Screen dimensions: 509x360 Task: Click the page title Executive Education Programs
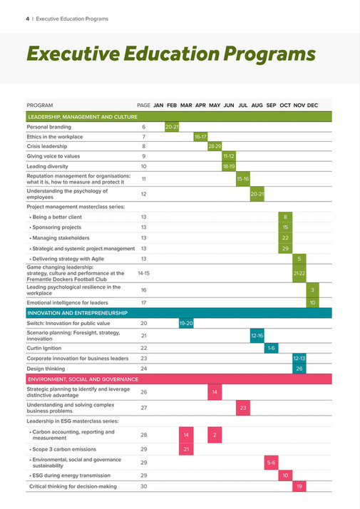click(x=170, y=53)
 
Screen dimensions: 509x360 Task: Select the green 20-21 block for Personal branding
click(x=172, y=126)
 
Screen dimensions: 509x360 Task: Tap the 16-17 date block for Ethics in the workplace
click(x=200, y=136)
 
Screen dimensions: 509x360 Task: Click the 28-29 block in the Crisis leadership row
click(x=215, y=146)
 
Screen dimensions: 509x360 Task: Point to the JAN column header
click(x=158, y=106)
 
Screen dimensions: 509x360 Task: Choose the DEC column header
click(x=312, y=106)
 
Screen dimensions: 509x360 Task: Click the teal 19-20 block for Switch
click(x=186, y=323)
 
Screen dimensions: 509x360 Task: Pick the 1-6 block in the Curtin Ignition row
click(x=271, y=348)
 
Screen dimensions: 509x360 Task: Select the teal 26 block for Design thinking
click(x=299, y=369)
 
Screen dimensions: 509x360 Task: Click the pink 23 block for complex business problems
click(x=243, y=408)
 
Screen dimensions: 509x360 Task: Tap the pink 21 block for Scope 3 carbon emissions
click(x=186, y=449)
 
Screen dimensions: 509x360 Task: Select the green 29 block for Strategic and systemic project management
click(x=285, y=248)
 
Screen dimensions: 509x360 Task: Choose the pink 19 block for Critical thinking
click(x=299, y=486)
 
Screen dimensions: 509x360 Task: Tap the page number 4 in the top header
click(x=17, y=17)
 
